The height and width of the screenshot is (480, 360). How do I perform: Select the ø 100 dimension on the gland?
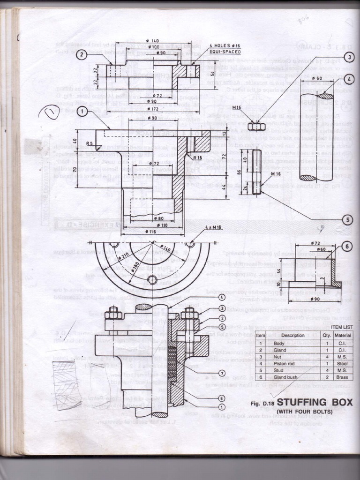pyautogui.click(x=153, y=47)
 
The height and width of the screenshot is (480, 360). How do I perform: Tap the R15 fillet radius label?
pyautogui.click(x=197, y=158)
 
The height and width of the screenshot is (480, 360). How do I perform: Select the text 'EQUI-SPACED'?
pyautogui.click(x=225, y=52)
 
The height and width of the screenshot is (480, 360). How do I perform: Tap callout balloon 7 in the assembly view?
pyautogui.click(x=222, y=373)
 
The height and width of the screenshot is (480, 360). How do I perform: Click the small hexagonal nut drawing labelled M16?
pyautogui.click(x=256, y=127)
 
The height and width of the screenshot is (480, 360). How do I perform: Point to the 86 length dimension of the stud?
pyautogui.click(x=239, y=172)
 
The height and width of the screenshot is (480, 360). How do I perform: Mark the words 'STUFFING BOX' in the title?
pyautogui.click(x=315, y=402)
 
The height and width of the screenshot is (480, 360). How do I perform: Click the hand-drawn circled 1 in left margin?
pyautogui.click(x=50, y=112)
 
